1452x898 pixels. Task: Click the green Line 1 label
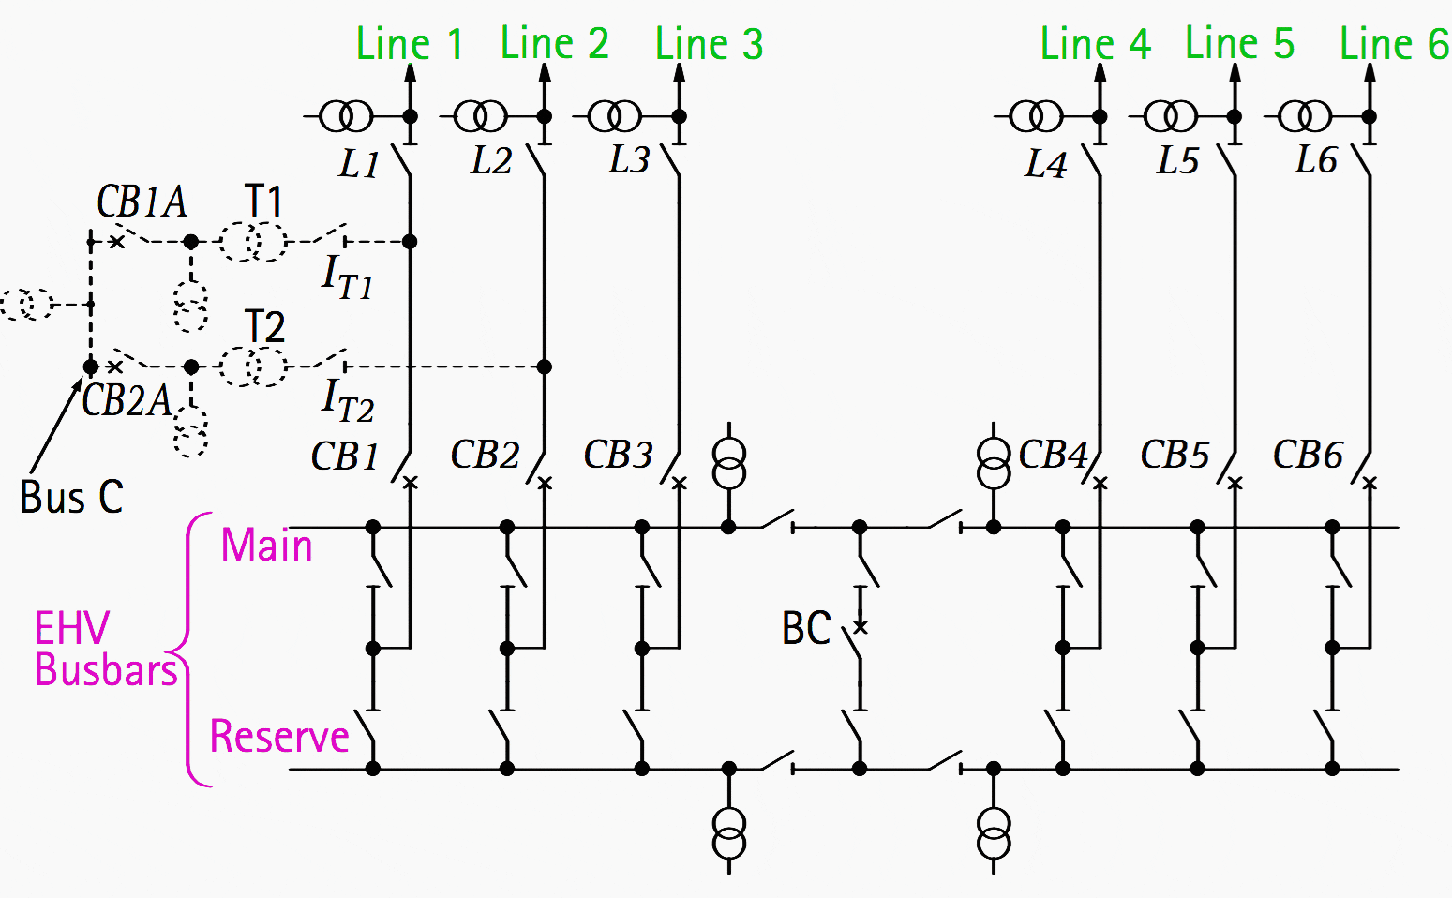click(410, 44)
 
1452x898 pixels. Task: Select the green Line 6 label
click(1394, 44)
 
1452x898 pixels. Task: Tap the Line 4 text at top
click(1095, 44)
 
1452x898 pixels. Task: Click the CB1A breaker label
click(142, 202)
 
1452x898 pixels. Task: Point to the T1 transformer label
click(263, 201)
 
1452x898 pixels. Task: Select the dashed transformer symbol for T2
click(253, 367)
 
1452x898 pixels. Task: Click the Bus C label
click(71, 497)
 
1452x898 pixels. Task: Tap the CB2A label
click(127, 400)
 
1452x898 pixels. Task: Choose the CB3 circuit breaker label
click(618, 455)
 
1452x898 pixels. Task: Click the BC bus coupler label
click(806, 628)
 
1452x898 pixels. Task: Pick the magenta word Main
click(266, 546)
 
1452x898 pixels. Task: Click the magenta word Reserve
click(279, 737)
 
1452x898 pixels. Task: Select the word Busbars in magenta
click(106, 670)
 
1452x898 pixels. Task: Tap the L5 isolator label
click(1177, 161)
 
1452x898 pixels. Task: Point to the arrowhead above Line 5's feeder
click(1235, 72)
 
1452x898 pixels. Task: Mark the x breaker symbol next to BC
click(861, 626)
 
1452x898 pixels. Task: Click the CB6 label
click(1308, 455)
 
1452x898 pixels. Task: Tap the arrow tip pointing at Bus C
click(82, 378)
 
